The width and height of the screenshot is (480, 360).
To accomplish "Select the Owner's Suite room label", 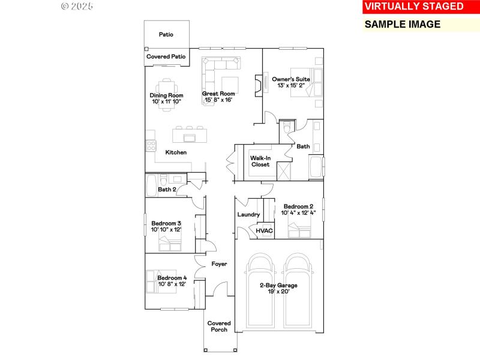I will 290,82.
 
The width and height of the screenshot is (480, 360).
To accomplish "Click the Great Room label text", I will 218,97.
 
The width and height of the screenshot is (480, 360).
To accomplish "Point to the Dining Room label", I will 166,98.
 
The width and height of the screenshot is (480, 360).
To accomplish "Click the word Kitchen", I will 176,152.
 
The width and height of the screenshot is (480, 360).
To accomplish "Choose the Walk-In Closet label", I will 260,161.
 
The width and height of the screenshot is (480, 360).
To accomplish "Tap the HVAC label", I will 264,230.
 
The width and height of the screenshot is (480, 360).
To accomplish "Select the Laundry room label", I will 248,214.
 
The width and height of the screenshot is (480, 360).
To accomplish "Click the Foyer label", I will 218,264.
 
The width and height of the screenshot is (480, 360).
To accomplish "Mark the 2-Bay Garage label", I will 278,289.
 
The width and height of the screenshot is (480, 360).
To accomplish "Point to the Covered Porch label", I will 219,326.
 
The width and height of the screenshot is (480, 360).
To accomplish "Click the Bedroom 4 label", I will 172,281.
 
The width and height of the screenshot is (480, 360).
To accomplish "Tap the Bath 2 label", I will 167,190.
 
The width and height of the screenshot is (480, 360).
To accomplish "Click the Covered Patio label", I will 166,56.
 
